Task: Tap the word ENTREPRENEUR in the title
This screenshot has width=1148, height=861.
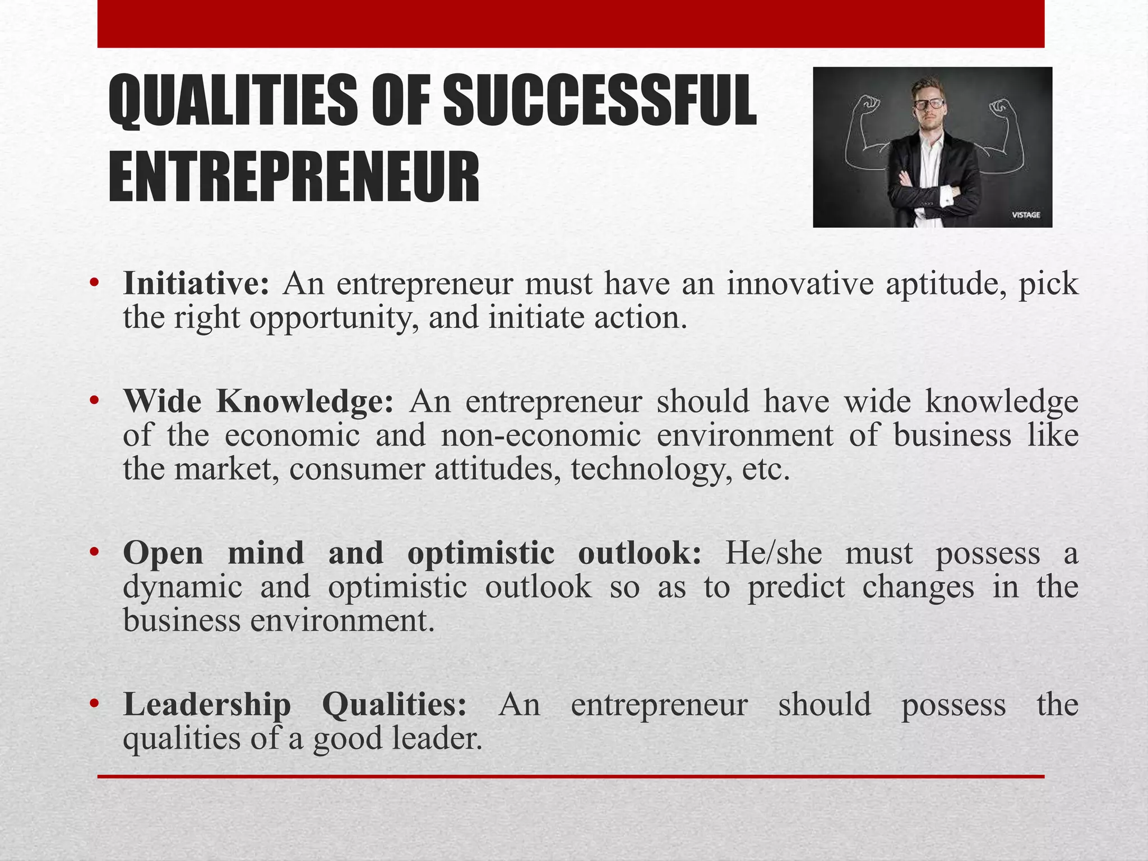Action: coord(294,177)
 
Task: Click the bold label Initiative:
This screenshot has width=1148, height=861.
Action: coord(196,284)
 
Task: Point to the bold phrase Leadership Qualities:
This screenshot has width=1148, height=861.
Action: coord(295,705)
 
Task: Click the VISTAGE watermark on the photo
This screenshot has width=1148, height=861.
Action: coord(1026,215)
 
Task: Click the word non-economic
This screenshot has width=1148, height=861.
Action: coord(540,436)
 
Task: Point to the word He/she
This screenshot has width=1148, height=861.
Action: coord(774,553)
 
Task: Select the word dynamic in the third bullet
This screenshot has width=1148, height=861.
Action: coord(183,587)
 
